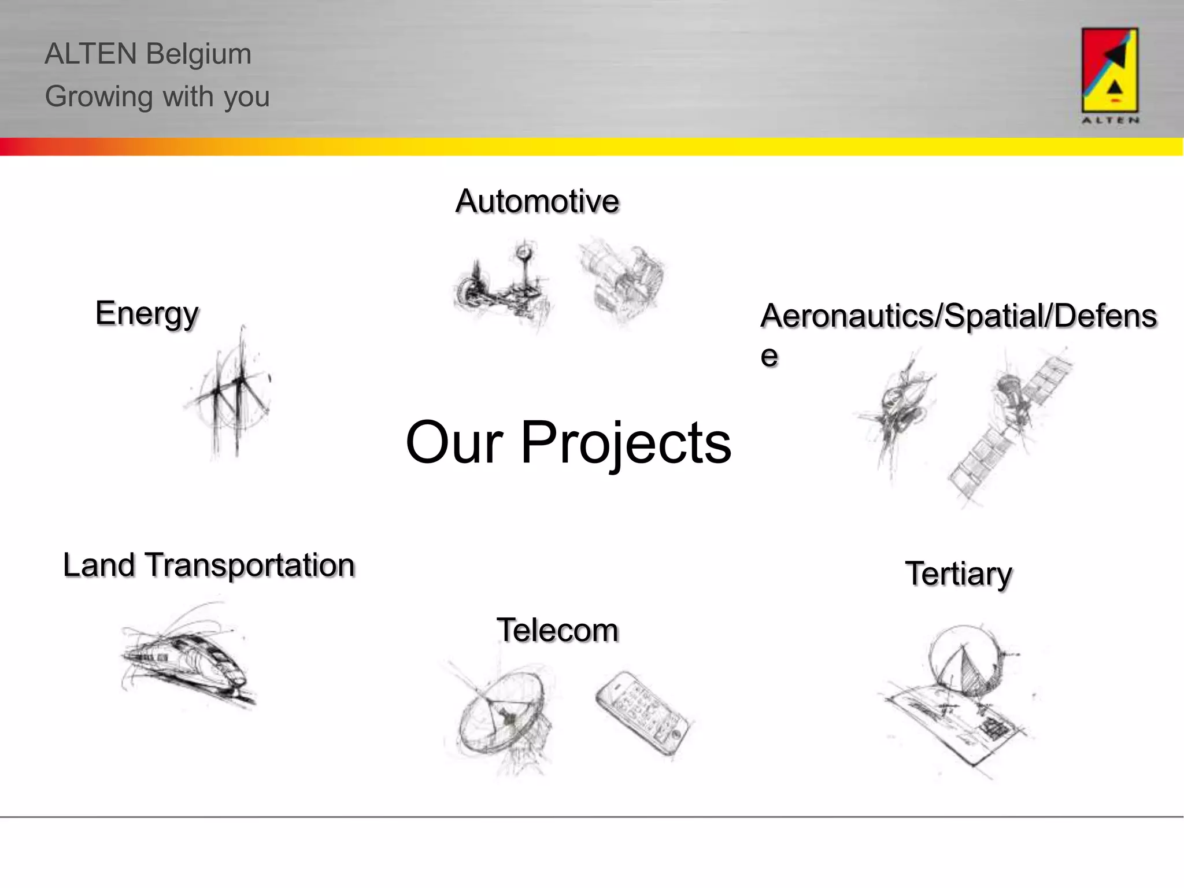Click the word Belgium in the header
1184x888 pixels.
[x=198, y=54]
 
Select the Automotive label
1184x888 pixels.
[x=537, y=201]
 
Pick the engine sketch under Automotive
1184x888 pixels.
[x=623, y=280]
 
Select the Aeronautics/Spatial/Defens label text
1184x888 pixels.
[x=958, y=316]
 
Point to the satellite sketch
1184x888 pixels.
[x=1009, y=425]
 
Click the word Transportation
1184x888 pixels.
[x=250, y=565]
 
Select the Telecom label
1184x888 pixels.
[x=557, y=630]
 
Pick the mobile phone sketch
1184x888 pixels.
[x=643, y=712]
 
